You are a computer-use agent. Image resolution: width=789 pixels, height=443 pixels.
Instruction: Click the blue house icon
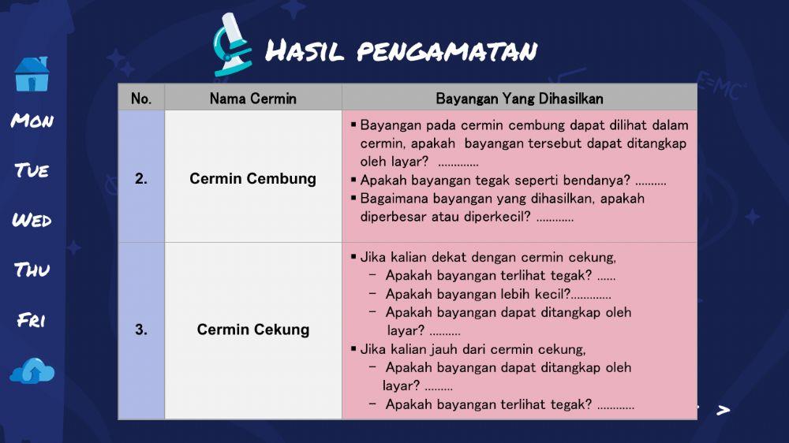tap(32, 74)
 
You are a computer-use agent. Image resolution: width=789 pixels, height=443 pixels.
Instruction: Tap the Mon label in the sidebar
tap(32, 121)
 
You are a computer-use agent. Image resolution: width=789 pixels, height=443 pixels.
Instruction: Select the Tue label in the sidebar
tap(32, 170)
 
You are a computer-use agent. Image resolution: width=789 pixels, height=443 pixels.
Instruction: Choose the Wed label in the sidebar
tap(32, 220)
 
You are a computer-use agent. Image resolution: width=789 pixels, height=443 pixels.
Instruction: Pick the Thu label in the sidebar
tap(32, 270)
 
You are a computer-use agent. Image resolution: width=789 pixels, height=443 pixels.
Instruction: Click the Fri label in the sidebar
tap(32, 320)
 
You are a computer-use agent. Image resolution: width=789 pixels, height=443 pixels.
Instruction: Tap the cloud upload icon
tap(32, 370)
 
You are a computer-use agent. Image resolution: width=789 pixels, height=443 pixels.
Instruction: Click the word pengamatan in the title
tap(447, 52)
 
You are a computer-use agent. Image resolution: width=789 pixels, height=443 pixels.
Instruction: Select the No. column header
tap(141, 99)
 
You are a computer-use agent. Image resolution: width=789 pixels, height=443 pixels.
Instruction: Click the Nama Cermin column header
tap(252, 99)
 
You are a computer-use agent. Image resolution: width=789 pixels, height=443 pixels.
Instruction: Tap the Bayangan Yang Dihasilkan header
tap(519, 99)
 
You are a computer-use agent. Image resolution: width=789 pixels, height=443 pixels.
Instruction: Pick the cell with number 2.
tap(141, 179)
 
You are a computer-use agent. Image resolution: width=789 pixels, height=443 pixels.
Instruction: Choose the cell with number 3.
tap(141, 330)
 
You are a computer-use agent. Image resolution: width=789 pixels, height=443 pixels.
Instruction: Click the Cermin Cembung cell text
tap(252, 179)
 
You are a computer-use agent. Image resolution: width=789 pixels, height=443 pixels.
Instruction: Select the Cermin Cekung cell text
tap(252, 330)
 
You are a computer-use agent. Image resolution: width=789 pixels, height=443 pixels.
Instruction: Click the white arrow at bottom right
tap(723, 411)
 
